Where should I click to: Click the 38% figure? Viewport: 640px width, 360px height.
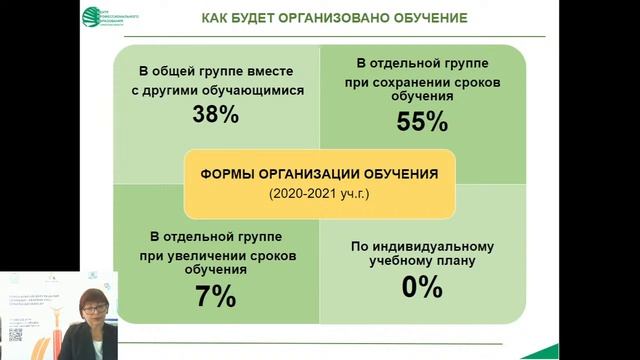pos(215,114)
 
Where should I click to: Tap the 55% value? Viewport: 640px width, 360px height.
pos(422,122)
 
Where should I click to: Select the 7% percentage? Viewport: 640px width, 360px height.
pos(215,296)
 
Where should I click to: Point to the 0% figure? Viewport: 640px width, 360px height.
pos(422,288)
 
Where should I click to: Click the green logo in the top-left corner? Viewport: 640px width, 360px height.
pos(92,17)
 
